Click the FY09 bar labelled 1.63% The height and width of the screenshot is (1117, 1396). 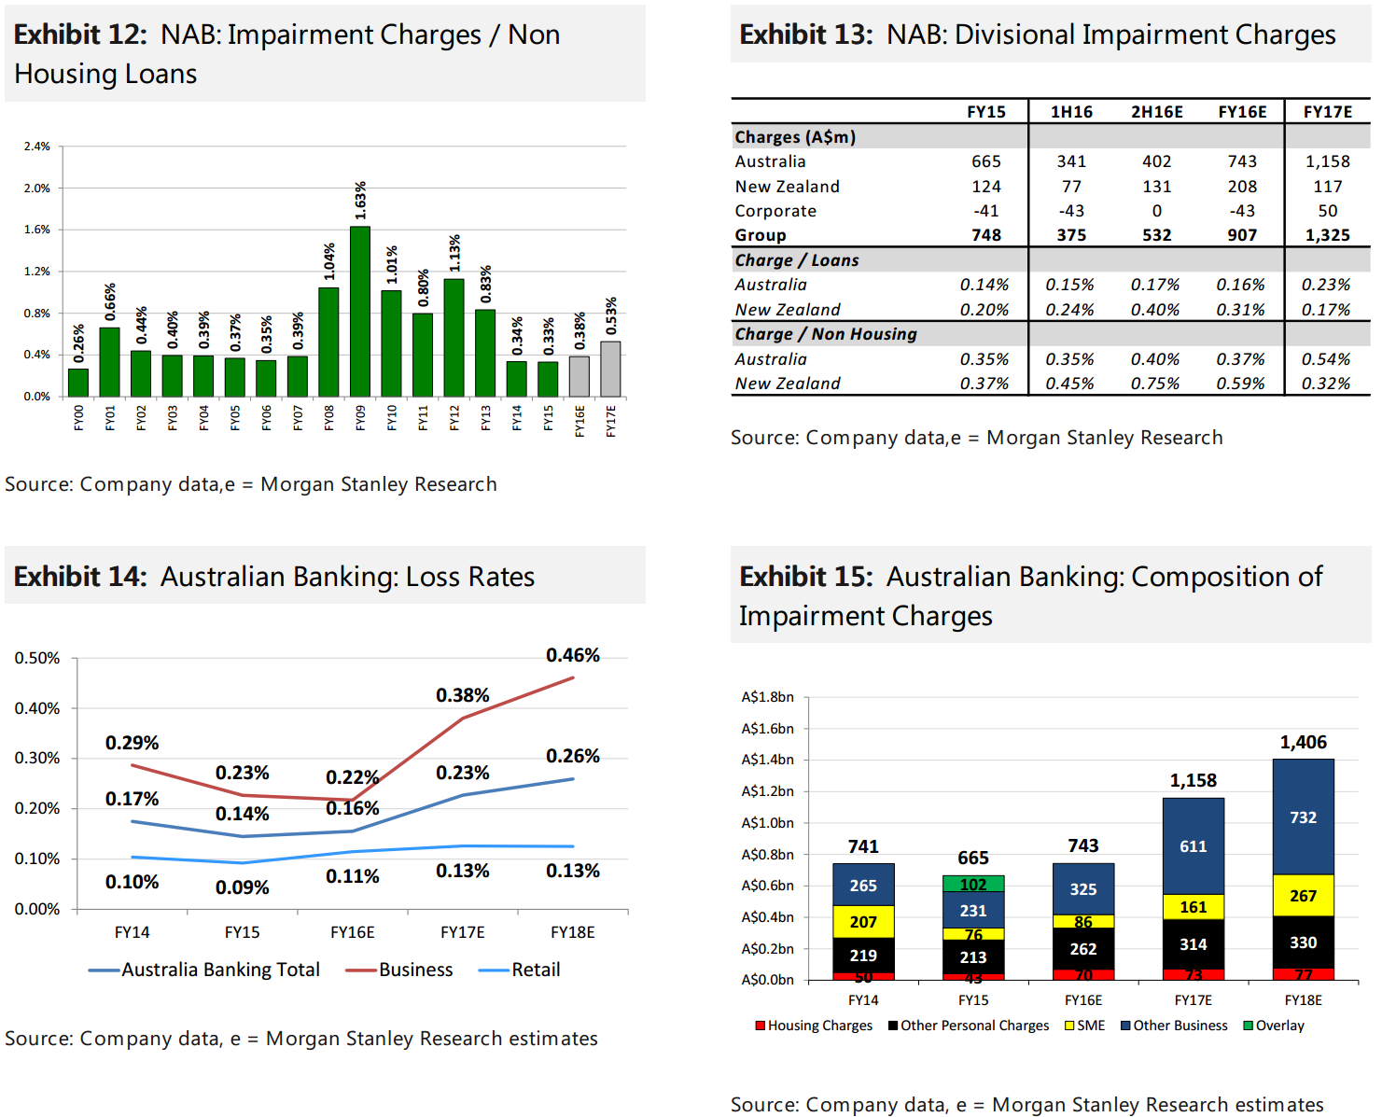tap(360, 311)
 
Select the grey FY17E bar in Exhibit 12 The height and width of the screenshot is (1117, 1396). tap(610, 369)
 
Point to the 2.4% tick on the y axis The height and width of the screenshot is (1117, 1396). tap(37, 147)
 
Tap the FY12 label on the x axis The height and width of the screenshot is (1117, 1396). tap(454, 417)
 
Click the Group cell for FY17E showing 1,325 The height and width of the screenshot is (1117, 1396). tap(1327, 235)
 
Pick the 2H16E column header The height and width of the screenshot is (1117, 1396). tap(1156, 112)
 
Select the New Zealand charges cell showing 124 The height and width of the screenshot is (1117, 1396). tap(985, 187)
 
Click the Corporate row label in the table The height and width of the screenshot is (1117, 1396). tap(775, 211)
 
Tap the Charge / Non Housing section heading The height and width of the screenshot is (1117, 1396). tap(826, 334)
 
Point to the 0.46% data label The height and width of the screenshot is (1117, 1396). tap(573, 655)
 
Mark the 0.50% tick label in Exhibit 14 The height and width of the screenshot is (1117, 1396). tap(37, 658)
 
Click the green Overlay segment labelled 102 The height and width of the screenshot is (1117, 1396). tap(973, 884)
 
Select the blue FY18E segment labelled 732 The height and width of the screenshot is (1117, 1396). tap(1303, 817)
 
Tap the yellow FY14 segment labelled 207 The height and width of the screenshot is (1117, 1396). tap(863, 922)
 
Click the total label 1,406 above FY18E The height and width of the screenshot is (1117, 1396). tap(1303, 743)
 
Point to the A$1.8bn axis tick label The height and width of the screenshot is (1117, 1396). tap(767, 697)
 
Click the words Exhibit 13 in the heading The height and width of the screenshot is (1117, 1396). tap(805, 35)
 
